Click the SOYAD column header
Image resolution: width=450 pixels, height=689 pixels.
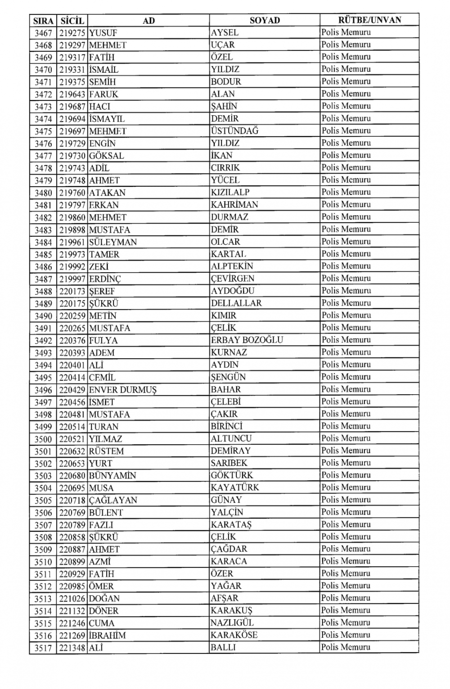point(265,20)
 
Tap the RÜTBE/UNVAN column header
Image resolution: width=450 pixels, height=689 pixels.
point(369,20)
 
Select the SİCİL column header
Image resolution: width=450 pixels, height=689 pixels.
point(72,20)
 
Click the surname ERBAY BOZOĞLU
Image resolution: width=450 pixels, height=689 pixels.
point(247,340)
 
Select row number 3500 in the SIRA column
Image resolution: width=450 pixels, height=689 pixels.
point(43,439)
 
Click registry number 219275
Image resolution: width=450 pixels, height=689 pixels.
point(72,33)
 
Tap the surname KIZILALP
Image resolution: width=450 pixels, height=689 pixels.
point(230,192)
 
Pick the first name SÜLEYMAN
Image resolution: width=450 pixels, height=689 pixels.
point(113,242)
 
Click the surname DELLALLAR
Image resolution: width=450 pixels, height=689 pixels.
point(236,303)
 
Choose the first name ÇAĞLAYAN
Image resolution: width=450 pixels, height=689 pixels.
point(113,500)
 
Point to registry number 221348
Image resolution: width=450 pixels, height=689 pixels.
point(72,648)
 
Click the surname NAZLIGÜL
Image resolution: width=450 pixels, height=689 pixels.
point(232,623)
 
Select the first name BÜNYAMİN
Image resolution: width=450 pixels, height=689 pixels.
point(112,475)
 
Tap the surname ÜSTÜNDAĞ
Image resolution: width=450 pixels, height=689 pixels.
point(235,131)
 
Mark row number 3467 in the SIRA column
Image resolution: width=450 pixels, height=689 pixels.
point(43,33)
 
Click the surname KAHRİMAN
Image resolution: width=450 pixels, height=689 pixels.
point(234,205)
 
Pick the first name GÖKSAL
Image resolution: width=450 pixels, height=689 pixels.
point(106,156)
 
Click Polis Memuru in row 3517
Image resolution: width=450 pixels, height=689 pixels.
point(346,647)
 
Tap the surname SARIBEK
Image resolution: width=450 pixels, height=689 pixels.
point(229,463)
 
